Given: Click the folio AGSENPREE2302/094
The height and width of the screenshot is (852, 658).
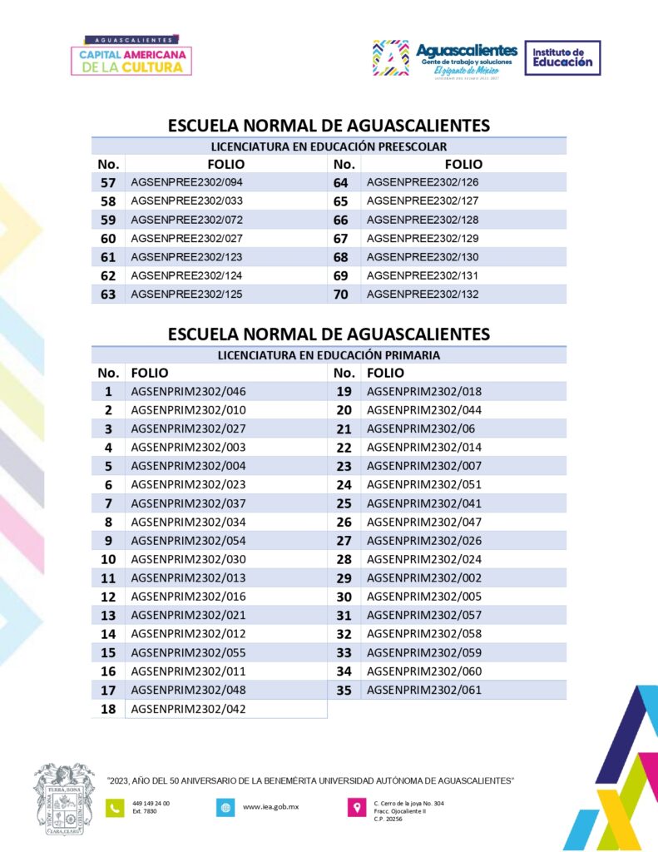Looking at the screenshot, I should click(187, 182).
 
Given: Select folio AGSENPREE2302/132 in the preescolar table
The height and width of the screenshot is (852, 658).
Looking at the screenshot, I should click(423, 295).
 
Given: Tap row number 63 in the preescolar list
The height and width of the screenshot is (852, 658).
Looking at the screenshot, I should click(108, 295).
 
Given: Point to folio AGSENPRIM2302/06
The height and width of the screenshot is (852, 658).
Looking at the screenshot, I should click(417, 428).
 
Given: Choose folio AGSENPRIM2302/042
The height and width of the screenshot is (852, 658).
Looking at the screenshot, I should click(189, 709).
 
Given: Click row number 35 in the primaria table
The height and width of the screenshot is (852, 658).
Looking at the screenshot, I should click(344, 690).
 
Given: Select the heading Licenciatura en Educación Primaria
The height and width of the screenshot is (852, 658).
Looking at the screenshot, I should click(329, 354).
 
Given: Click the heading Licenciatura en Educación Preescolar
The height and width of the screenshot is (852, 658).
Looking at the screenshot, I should click(329, 146).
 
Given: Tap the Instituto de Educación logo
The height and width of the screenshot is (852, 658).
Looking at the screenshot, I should click(562, 58).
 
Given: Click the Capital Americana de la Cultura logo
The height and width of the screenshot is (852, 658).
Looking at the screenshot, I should click(135, 57).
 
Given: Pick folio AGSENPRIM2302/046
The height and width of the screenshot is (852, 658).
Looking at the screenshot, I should click(189, 391).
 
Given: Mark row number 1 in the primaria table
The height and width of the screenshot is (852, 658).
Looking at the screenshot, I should click(108, 391).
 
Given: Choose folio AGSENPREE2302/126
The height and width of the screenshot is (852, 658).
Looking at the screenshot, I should click(423, 182).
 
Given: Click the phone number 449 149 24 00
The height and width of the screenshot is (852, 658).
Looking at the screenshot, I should click(151, 803).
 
